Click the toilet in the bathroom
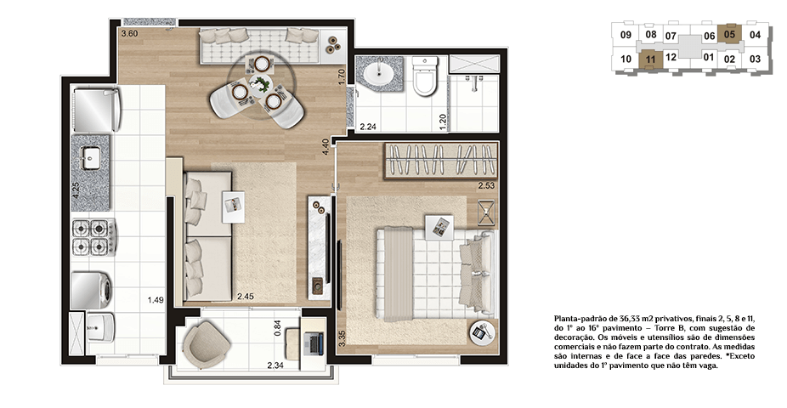[x=425, y=76]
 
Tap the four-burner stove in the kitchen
[x=93, y=238]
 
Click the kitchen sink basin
[x=90, y=158]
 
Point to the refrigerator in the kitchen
[x=96, y=110]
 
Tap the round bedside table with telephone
[x=483, y=331]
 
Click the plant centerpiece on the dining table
[x=260, y=83]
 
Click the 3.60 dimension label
[x=129, y=34]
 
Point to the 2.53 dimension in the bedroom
[x=486, y=185]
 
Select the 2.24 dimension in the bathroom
[x=368, y=127]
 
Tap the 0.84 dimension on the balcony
[x=278, y=328]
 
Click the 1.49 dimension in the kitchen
[x=156, y=301]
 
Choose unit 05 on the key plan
[x=729, y=34]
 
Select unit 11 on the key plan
[x=650, y=59]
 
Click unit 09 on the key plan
[x=626, y=35]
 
